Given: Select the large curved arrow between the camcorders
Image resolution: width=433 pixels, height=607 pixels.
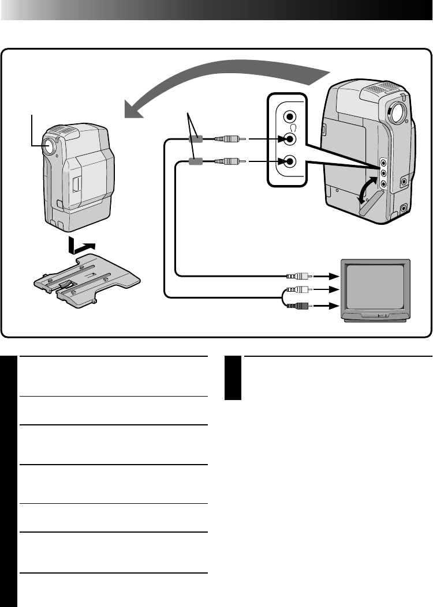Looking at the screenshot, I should pyautogui.click(x=225, y=86).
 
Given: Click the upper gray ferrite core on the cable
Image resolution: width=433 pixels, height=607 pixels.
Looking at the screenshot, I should pyautogui.click(x=196, y=139).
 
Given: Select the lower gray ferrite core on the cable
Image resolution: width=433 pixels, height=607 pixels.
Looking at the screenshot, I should pyautogui.click(x=196, y=163).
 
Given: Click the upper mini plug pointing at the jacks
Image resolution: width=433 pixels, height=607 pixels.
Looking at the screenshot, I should pyautogui.click(x=229, y=139).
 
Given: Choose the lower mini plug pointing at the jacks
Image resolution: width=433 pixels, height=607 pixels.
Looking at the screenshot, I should pyautogui.click(x=229, y=163).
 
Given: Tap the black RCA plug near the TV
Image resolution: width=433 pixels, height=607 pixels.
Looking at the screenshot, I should pyautogui.click(x=301, y=306).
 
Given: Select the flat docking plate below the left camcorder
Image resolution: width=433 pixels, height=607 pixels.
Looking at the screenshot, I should pyautogui.click(x=87, y=282).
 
